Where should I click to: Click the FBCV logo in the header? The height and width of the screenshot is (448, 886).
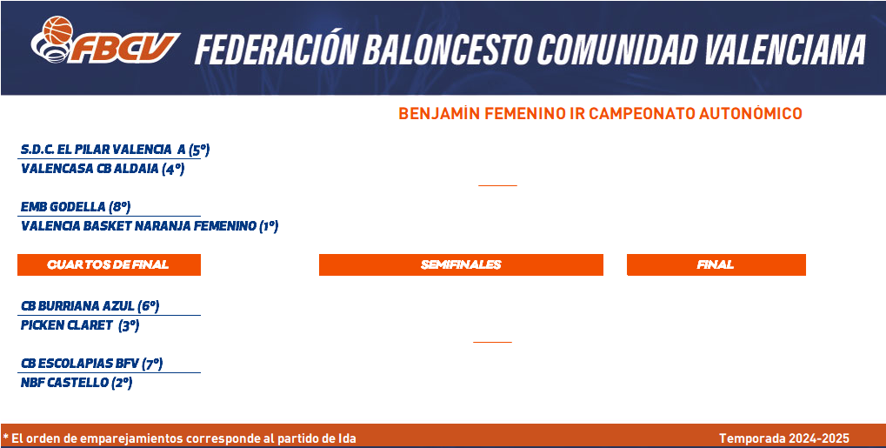(105, 40)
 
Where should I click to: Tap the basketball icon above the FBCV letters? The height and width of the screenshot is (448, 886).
(58, 30)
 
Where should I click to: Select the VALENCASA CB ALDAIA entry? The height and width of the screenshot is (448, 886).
(90, 169)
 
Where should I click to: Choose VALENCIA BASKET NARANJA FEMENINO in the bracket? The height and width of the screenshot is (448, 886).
(138, 226)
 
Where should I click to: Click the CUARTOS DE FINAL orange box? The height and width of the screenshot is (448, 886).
(109, 264)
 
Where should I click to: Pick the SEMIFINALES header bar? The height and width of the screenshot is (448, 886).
(461, 264)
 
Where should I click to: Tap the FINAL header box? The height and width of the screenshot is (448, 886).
(716, 264)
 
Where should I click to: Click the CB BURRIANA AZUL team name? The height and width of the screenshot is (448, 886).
(77, 306)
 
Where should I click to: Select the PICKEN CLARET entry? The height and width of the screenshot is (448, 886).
(67, 326)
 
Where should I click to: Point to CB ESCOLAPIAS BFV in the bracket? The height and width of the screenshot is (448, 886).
(80, 363)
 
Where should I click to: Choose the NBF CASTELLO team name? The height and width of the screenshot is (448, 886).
(64, 383)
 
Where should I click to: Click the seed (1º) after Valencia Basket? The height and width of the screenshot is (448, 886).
(269, 227)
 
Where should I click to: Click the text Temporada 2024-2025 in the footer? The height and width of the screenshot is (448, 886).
(783, 438)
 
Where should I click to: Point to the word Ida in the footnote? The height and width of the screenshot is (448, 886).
(347, 438)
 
